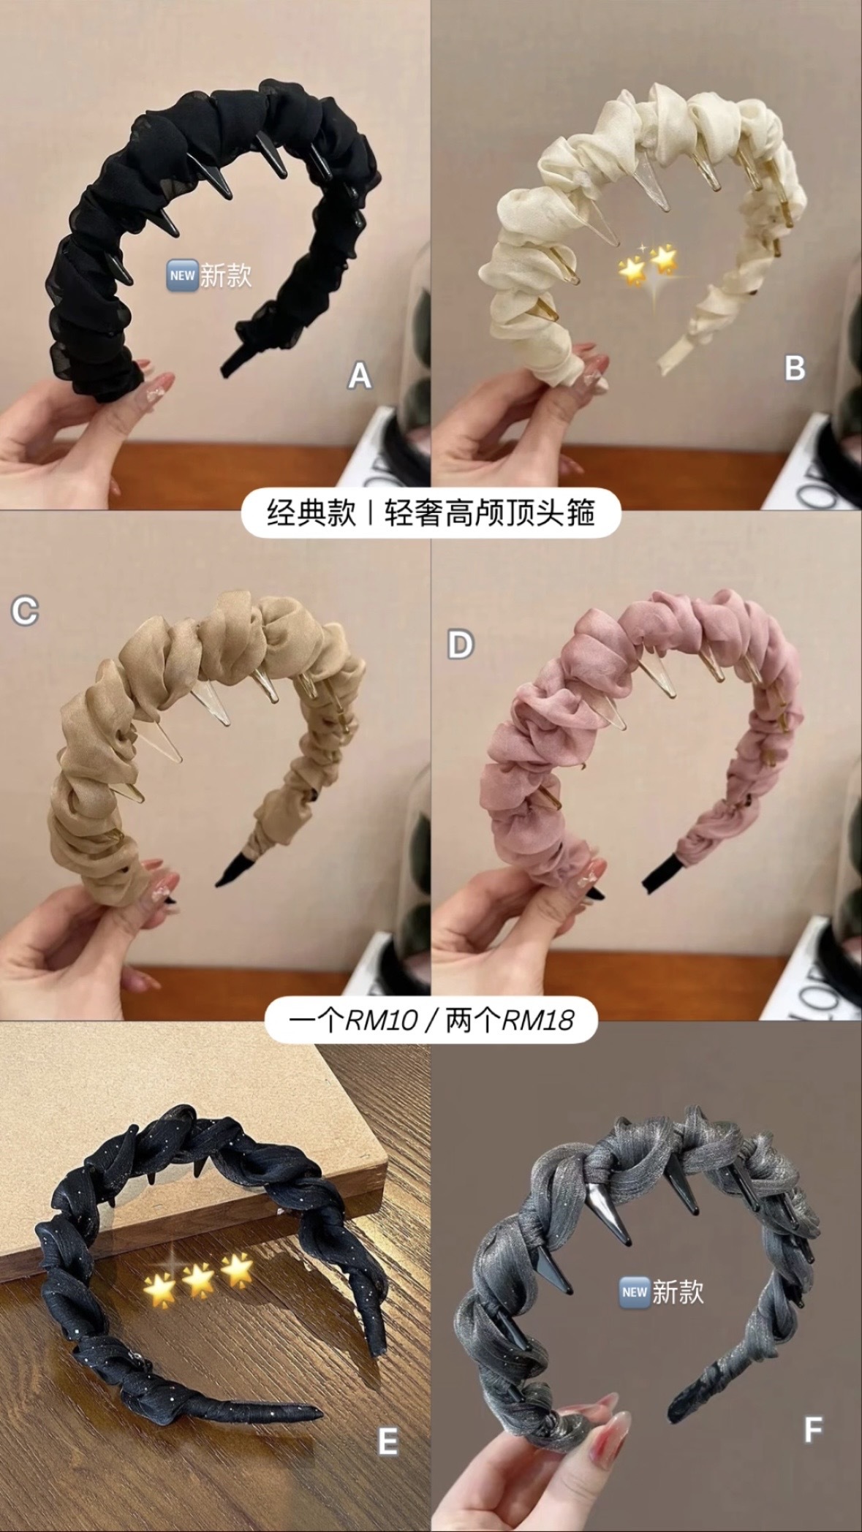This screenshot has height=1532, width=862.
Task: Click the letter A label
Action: (x=359, y=376)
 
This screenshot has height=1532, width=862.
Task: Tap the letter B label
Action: (x=795, y=367)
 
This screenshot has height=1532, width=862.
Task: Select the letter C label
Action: (x=24, y=610)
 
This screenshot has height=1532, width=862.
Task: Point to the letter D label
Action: (x=460, y=645)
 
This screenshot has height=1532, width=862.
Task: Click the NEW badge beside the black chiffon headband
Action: (x=181, y=276)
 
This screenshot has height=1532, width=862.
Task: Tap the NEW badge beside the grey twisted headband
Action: (x=633, y=1292)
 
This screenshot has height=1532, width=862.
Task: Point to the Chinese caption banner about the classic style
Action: (x=431, y=513)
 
